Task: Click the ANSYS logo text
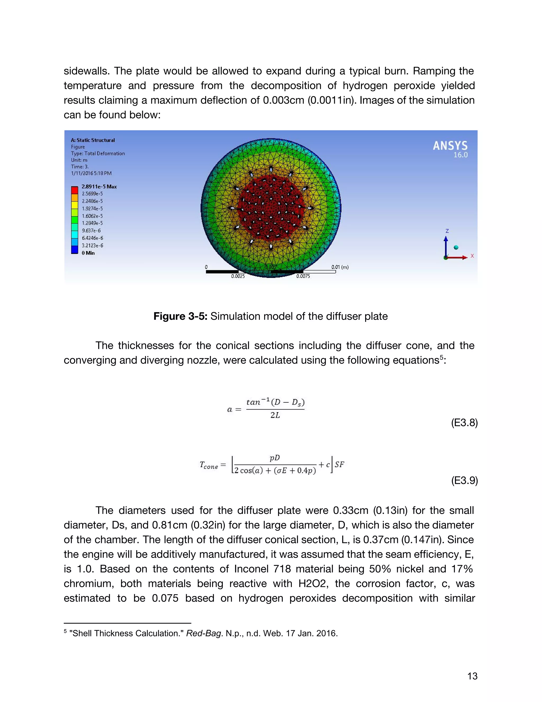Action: (450, 146)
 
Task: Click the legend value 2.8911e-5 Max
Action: (99, 186)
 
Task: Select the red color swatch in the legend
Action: (74, 190)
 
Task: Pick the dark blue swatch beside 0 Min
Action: (74, 250)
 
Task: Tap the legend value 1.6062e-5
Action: (92, 216)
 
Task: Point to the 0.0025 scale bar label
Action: (238, 276)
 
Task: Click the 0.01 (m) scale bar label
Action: (340, 267)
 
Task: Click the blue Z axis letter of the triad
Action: (447, 231)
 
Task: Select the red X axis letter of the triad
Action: (472, 256)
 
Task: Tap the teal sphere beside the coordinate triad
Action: (456, 247)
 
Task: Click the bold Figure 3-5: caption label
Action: (180, 316)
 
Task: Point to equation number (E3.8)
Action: (464, 422)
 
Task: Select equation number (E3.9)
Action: (464, 481)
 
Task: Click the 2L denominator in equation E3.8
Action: (275, 415)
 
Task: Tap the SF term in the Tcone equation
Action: (339, 464)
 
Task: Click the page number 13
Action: (472, 676)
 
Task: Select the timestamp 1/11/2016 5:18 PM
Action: (91, 173)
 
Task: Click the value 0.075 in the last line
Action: (165, 598)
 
